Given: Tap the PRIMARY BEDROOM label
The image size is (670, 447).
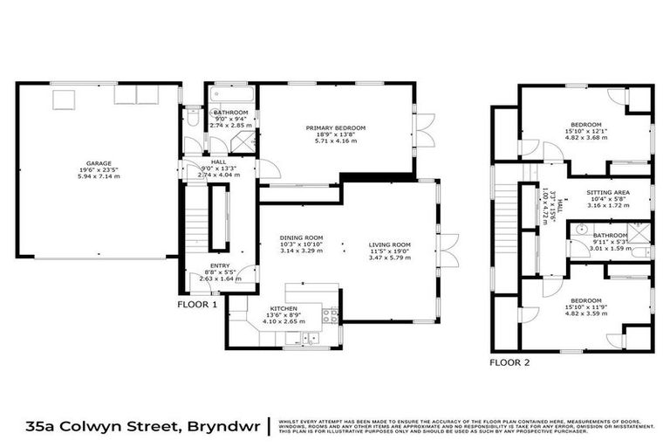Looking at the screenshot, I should coord(335,128).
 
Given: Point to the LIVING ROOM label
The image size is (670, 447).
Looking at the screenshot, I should coord(389,244).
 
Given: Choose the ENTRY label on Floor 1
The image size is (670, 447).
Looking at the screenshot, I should coord(220,265).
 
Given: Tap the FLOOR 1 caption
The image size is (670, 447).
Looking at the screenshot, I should coord(196,306).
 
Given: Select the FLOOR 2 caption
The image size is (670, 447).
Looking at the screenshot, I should coord(509,362).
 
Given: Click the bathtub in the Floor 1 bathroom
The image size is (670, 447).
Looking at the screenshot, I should coord(230,94).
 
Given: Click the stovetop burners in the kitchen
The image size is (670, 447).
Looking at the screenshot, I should coord(330,316).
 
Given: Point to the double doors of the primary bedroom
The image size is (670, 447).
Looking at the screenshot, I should coord(422,131).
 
